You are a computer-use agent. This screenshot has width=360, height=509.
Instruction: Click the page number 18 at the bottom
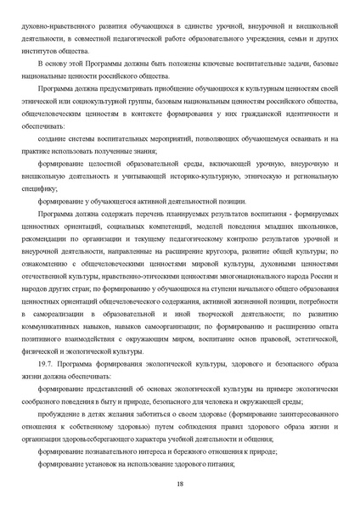180,484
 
